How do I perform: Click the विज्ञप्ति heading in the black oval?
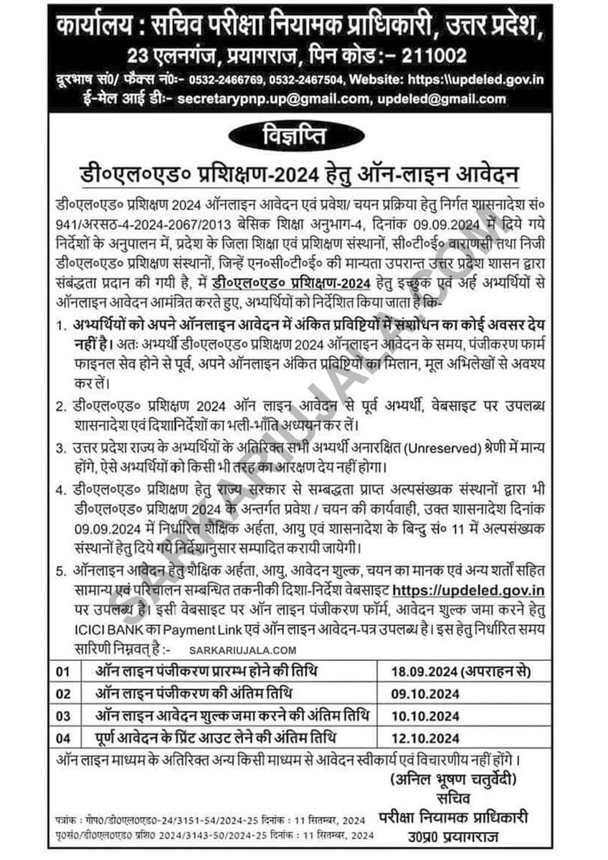coord(303,135)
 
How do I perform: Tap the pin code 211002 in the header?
coord(428,55)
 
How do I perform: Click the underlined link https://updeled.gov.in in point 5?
coord(469,590)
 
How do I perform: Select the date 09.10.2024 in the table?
coord(426,693)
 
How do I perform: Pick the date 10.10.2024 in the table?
coord(426,715)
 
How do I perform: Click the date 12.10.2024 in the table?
coord(426,737)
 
